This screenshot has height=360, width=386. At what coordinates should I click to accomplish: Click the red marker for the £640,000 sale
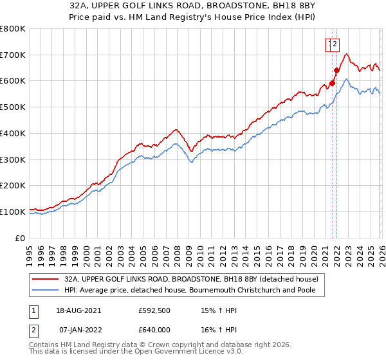336,70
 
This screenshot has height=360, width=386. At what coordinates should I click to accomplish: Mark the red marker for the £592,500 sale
332,82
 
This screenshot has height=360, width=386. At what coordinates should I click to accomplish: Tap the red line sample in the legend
46,279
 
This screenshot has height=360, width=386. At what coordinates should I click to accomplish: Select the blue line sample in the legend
46,291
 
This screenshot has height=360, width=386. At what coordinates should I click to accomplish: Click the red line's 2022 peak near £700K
346,54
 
